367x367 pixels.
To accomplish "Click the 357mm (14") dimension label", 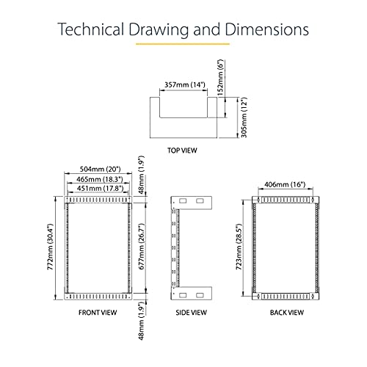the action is [x=185, y=84].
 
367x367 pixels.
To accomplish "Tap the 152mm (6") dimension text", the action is [x=220, y=77].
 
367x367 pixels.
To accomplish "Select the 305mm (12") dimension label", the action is [x=244, y=117].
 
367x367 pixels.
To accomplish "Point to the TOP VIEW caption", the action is [x=182, y=150].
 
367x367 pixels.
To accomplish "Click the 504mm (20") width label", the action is [x=101, y=169].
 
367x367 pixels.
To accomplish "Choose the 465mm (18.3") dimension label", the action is [x=99, y=179].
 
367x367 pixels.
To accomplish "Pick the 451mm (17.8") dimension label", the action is [x=100, y=189].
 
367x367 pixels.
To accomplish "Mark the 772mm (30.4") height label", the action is [x=50, y=247].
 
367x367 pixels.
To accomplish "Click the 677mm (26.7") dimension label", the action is [x=142, y=246].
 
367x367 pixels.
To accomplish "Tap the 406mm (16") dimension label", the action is [x=285, y=184].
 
